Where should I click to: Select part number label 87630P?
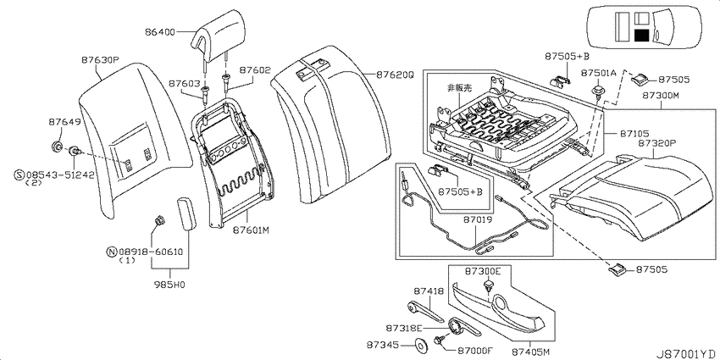[101, 60]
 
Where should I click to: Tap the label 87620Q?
[395, 74]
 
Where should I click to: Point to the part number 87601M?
[250, 230]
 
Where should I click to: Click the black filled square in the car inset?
[641, 36]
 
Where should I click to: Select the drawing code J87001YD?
[685, 353]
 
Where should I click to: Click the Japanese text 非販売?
[460, 87]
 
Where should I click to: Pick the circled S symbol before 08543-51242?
[19, 175]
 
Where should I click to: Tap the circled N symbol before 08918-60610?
[111, 252]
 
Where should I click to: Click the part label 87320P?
[657, 143]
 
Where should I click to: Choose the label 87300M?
[661, 96]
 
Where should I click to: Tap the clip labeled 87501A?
[598, 90]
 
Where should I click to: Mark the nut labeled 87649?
[57, 147]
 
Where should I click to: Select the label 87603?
[184, 84]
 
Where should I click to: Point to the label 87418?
[429, 291]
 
